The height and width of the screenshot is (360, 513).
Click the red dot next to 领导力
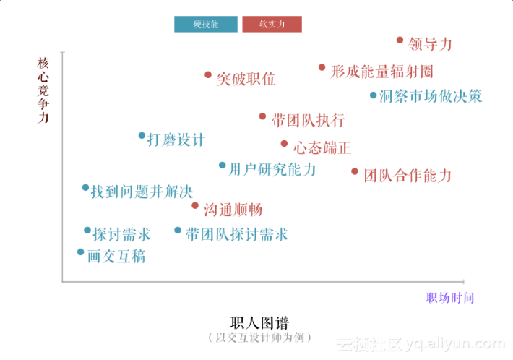pos(400,41)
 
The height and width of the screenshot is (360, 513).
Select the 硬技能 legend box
pos(206,24)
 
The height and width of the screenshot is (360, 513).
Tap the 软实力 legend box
pos(272,24)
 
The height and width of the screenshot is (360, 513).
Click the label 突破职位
pos(246,79)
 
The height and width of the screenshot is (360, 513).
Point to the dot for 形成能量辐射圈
pos(322,67)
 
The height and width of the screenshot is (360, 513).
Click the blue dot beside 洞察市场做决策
pos(373,95)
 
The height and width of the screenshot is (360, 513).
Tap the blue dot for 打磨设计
pos(142,135)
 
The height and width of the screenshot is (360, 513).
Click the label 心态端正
pos(322,148)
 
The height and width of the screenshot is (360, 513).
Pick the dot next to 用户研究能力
pos(222,166)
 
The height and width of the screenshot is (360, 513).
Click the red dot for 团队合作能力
pos(355,171)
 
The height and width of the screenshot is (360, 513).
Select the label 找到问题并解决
pos(142,192)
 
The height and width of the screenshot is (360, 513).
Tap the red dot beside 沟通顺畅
pos(195,205)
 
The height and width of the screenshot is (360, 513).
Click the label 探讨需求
pos(121,234)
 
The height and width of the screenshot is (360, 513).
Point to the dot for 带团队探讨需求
pos(178,231)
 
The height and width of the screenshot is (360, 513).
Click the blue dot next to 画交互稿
pos(80,252)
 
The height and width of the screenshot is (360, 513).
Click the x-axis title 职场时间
pos(449,298)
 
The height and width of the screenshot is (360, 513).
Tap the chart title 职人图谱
pos(259,322)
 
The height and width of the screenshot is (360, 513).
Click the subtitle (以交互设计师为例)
pos(259,337)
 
